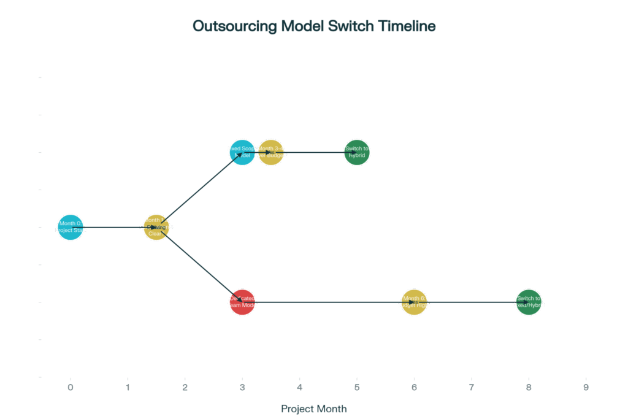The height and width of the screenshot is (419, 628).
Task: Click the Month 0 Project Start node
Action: pos(71,228)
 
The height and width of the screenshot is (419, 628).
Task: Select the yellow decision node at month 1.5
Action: pos(156,228)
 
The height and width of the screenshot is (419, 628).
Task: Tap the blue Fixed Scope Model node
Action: pos(242,152)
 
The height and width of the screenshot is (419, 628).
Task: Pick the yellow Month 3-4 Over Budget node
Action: pos(271,152)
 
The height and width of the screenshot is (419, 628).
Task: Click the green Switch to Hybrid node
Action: pos(357,152)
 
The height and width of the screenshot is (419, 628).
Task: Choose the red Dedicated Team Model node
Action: pos(242,302)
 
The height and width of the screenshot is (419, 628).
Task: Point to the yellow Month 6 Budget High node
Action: pos(414,302)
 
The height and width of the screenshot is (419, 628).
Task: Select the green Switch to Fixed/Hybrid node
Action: pos(529,302)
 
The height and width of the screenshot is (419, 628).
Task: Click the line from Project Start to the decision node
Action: pos(113,228)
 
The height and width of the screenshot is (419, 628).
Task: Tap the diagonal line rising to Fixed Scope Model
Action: pos(199,190)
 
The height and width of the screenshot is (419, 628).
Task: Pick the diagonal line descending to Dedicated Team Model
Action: pos(199,264)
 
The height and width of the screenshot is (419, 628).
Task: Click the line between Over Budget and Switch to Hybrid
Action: pos(314,152)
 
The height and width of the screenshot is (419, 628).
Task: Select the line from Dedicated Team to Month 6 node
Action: pos(328,302)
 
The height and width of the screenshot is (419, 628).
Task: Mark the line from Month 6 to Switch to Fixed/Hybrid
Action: pos(471,302)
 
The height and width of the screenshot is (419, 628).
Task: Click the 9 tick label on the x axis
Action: pos(586,387)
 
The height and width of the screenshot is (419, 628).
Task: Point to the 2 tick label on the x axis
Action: pos(185,387)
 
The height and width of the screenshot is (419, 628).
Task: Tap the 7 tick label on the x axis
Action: pos(471,387)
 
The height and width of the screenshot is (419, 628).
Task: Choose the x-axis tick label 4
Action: pos(299,387)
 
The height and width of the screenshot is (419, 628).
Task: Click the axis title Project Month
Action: pos(314,409)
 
